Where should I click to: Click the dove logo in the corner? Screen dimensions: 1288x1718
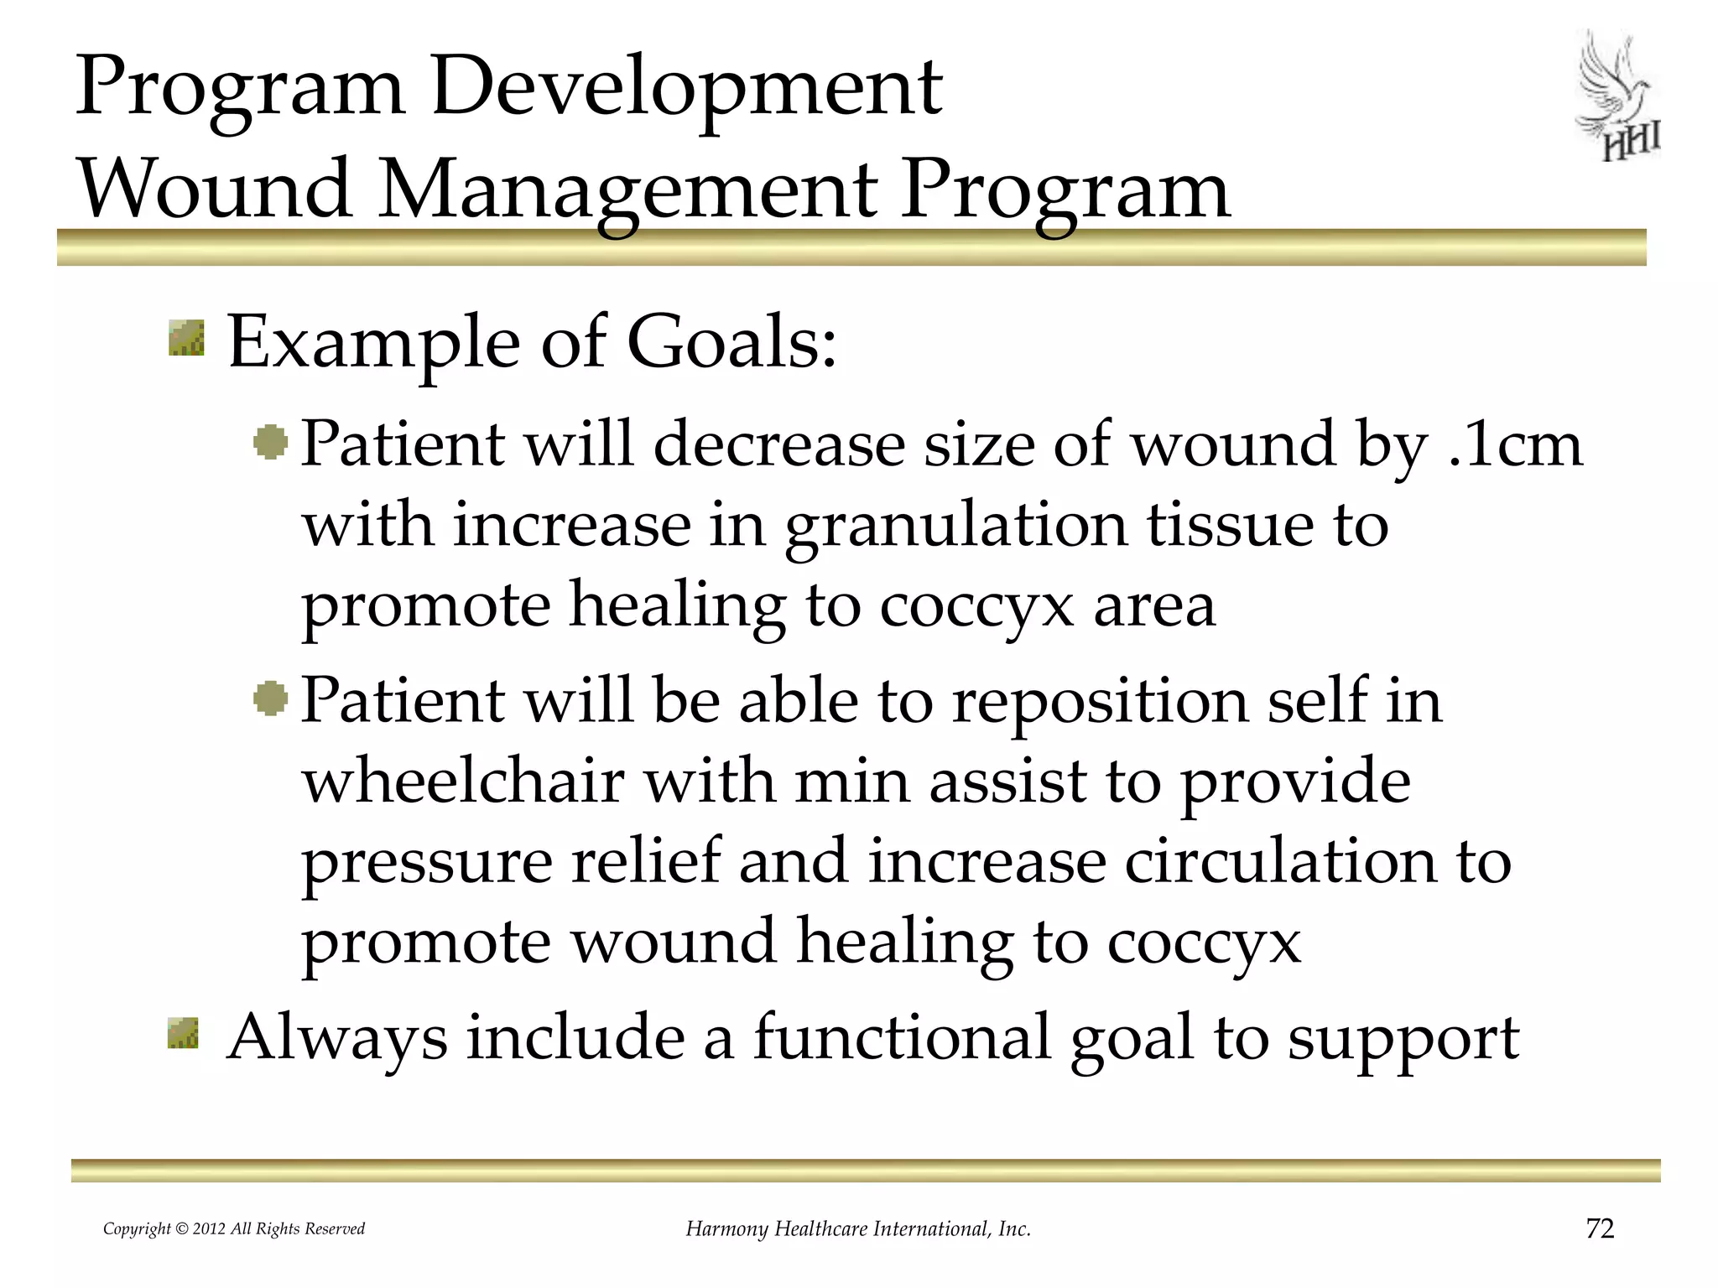(1617, 96)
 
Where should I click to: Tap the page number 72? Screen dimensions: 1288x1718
(1600, 1228)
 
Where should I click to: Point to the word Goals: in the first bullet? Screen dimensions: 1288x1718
(731, 343)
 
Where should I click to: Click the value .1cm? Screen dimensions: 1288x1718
(1515, 444)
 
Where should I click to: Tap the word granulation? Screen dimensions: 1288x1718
(955, 527)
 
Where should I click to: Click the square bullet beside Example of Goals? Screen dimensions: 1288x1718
(186, 338)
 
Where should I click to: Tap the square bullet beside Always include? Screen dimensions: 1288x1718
(184, 1033)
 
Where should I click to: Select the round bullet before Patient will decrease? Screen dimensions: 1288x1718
(270, 442)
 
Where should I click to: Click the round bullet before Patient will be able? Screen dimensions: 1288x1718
(270, 699)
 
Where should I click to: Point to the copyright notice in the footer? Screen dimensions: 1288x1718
(234, 1228)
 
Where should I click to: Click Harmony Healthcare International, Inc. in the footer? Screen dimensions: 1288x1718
(857, 1228)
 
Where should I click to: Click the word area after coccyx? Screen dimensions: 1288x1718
(1153, 605)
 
